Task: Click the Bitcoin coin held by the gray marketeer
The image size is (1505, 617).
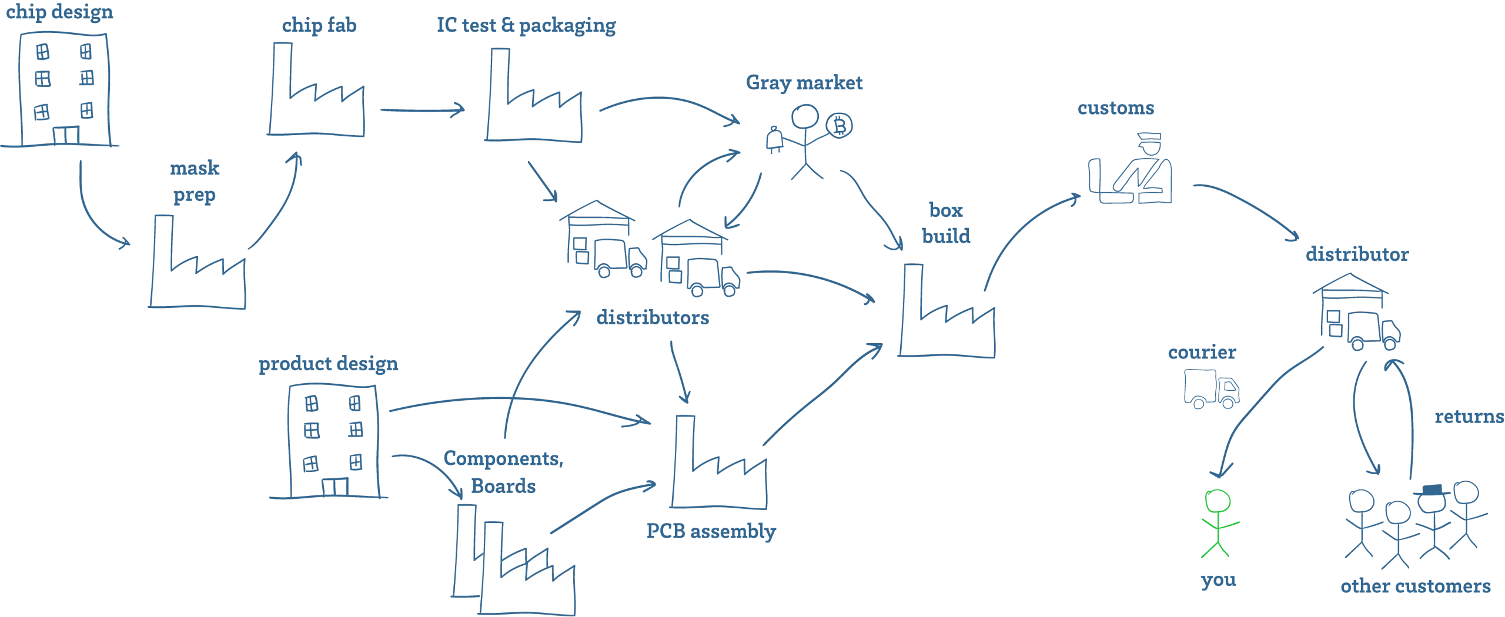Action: pos(839,125)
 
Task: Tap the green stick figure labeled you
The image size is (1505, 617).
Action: pos(1218,523)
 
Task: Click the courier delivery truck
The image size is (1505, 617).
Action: pos(1211,388)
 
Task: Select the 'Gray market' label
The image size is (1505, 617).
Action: pos(804,83)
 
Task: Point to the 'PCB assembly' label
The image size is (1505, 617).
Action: pos(711,532)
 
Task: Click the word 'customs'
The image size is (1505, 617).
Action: pos(1115,108)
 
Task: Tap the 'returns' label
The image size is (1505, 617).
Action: pos(1469,417)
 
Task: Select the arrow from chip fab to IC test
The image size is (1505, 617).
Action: pos(422,110)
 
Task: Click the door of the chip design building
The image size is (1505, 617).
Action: pos(66,135)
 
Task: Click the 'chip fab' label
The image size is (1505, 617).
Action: pos(319,25)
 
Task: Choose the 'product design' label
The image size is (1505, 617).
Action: pos(328,364)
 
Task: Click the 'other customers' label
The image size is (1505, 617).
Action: pos(1415,586)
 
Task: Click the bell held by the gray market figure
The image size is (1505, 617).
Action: pos(774,140)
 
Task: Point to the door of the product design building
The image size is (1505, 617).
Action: pos(335,487)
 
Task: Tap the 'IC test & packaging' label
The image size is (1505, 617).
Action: pos(526,25)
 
